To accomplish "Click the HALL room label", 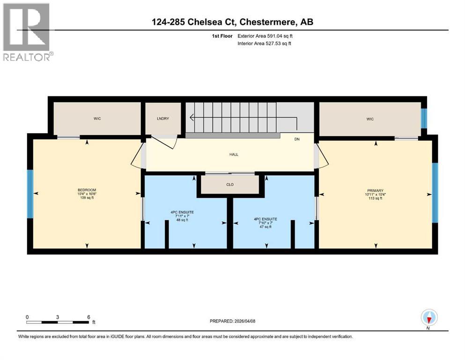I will (x=229, y=154).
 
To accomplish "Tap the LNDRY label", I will (x=163, y=119).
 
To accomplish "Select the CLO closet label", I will (x=229, y=185).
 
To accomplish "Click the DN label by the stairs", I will (x=296, y=139).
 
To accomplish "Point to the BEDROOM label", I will (x=87, y=190).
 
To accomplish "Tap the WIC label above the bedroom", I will (x=97, y=119).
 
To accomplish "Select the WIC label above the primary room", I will (x=370, y=119).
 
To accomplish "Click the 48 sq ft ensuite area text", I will (x=182, y=220).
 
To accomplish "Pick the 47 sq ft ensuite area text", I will (x=266, y=227).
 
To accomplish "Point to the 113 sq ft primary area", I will (x=374, y=198).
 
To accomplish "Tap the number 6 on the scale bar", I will (x=89, y=317).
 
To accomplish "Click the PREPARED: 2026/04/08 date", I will (x=232, y=321).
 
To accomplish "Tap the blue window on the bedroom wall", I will (x=30, y=194).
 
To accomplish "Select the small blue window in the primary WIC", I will (x=424, y=118).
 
